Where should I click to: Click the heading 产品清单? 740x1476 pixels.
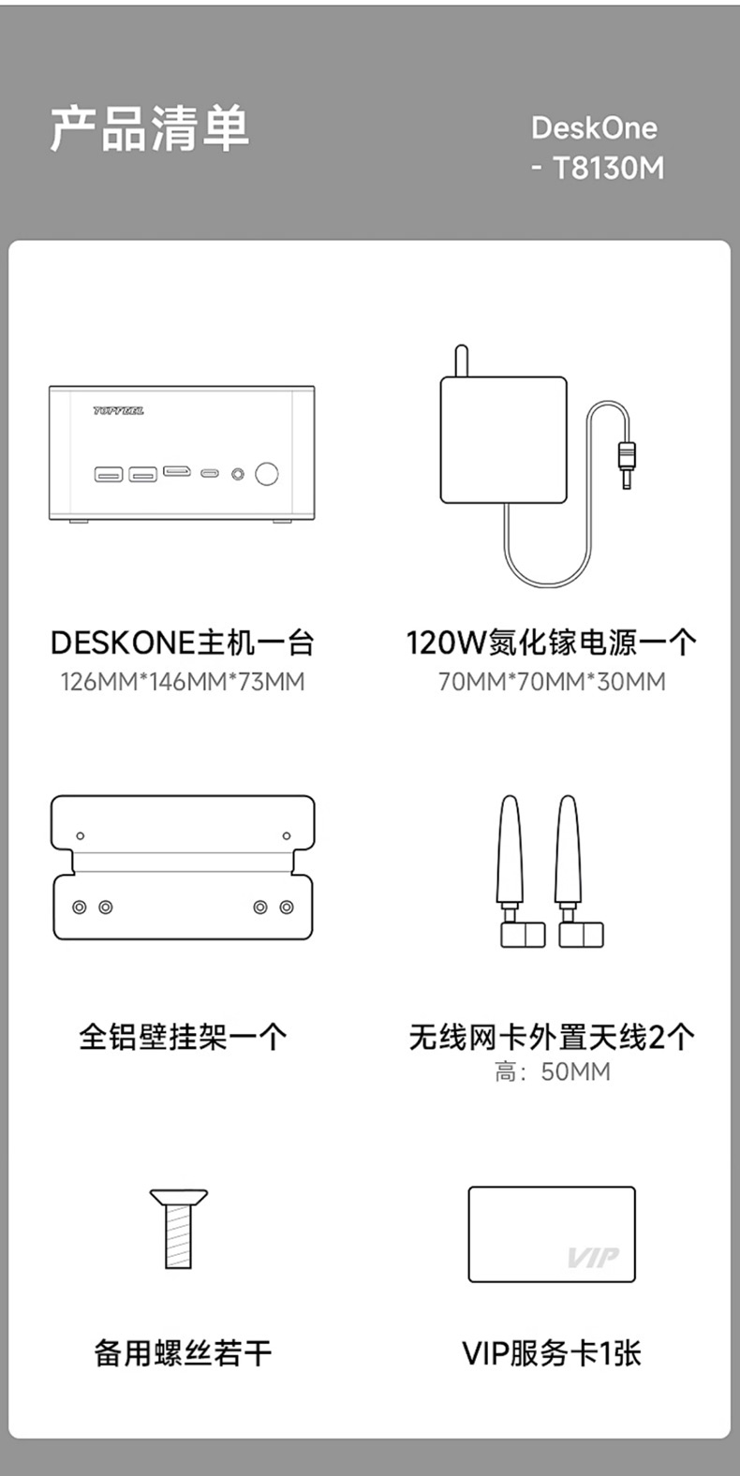(150, 128)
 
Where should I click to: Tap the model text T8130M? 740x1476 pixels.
(608, 169)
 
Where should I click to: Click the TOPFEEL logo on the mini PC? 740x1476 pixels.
(119, 411)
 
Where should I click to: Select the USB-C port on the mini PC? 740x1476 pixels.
(210, 473)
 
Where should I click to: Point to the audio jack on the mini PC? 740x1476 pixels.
(238, 474)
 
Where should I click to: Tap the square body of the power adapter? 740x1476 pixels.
(503, 439)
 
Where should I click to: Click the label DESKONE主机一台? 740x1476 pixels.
(182, 643)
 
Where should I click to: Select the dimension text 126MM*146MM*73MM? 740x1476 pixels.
(183, 682)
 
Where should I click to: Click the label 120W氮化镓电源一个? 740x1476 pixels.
(552, 643)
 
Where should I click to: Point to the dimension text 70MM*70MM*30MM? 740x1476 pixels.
(553, 682)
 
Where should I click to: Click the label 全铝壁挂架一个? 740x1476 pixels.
(183, 1037)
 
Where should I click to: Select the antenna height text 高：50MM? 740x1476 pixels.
(553, 1072)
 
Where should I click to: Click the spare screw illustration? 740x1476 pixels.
(179, 1228)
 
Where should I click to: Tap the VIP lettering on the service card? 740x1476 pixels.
(593, 1258)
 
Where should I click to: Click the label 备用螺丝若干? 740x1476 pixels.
(183, 1353)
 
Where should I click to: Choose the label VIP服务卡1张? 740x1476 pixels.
(553, 1353)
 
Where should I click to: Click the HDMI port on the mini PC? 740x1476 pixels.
(177, 472)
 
